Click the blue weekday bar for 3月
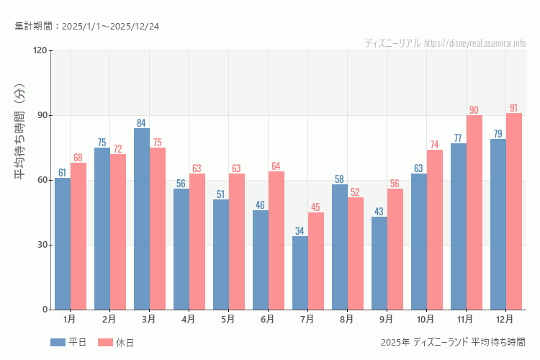142,219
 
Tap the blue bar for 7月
300,273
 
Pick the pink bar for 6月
276,240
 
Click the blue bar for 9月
379,263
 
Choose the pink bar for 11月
474,212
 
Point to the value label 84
142,123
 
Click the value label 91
513,108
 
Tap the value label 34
300,231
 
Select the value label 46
261,205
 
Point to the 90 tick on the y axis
42,115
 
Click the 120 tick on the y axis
40,50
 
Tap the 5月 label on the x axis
228,318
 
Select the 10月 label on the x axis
426,318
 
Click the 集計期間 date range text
87,26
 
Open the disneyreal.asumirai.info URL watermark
474,43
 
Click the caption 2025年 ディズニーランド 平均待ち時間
453,342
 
